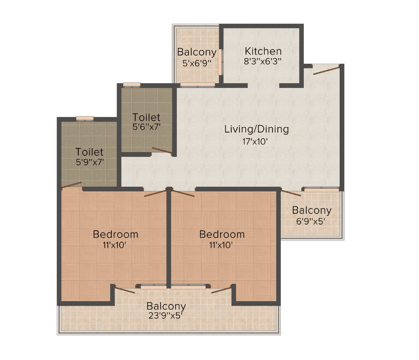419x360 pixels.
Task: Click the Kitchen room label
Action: (x=263, y=51)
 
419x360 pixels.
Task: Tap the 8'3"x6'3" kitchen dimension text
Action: (x=263, y=61)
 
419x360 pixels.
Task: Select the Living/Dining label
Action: (x=256, y=129)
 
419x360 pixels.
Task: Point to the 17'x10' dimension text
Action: (x=255, y=141)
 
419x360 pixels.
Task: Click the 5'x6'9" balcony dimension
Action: (x=197, y=63)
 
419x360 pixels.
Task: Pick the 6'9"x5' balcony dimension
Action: (x=311, y=221)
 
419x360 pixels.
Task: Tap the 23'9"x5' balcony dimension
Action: (x=166, y=316)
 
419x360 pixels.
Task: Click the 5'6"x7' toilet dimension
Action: (x=146, y=127)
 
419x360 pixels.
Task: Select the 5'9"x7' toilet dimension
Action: (x=90, y=162)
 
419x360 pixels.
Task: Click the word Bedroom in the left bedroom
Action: (x=115, y=234)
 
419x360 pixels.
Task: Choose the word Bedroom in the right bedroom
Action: (x=222, y=234)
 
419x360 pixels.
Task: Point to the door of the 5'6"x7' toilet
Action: (x=162, y=151)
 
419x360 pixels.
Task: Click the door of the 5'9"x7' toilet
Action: (x=71, y=185)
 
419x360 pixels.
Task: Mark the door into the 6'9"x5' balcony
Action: (x=291, y=193)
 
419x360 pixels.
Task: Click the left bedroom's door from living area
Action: (x=156, y=193)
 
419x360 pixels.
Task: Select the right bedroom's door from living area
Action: (x=183, y=193)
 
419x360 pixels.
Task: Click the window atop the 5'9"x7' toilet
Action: (x=84, y=118)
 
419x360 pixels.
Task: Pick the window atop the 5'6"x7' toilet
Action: (x=132, y=85)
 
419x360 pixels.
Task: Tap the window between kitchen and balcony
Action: (x=220, y=62)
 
